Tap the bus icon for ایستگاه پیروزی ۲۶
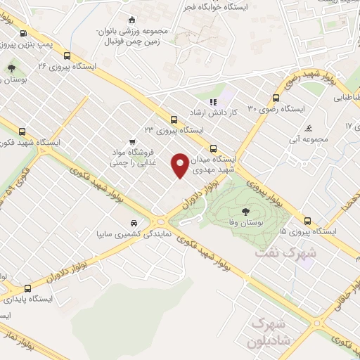click(67, 56)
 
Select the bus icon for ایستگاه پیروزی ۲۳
click(174, 120)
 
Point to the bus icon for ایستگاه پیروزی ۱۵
click(307, 219)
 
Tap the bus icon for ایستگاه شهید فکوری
click(23, 131)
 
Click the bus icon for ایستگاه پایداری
click(28, 288)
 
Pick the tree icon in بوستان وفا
click(245, 210)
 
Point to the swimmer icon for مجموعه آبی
click(309, 128)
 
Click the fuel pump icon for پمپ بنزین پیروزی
click(24, 33)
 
